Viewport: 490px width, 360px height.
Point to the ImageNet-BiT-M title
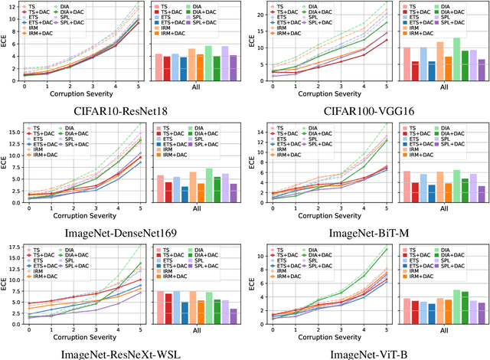(x=367, y=229)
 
